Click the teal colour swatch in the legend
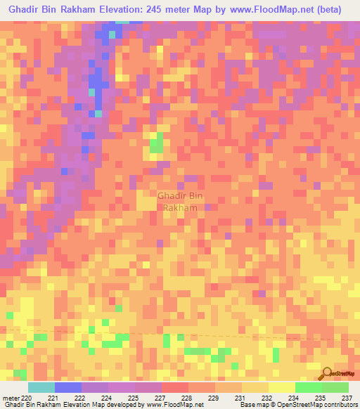coord(41,387)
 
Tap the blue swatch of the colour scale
coord(68,387)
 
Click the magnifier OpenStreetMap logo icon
coord(328,374)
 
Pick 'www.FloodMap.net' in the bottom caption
coord(176,405)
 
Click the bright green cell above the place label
coord(155,145)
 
